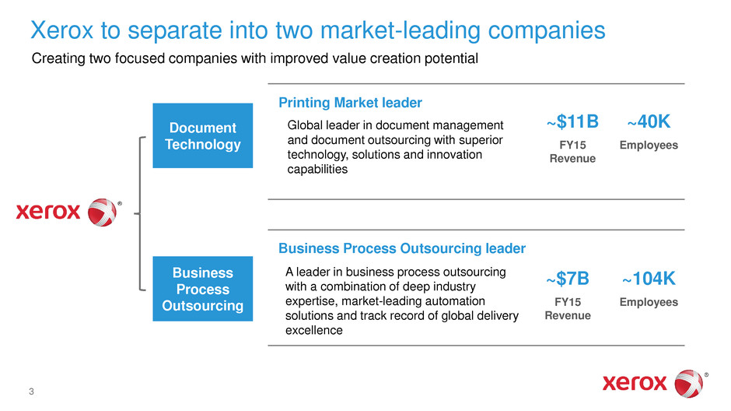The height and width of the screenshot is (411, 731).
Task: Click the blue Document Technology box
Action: click(203, 135)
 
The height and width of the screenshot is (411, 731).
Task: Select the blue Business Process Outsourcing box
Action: click(203, 289)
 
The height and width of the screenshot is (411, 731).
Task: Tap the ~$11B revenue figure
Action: click(572, 121)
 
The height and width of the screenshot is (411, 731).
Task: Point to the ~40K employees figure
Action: click(649, 121)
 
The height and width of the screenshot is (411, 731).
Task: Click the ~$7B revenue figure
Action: click(568, 279)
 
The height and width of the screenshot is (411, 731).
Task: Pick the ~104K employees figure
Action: click(649, 279)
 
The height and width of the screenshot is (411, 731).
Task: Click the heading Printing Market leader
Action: click(350, 103)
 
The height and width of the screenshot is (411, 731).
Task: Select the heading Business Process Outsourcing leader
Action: click(402, 248)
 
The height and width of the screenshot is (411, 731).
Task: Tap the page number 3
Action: click(31, 392)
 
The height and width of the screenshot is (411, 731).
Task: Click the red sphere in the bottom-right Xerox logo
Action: click(688, 384)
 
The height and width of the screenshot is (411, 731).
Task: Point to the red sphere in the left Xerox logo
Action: click(102, 213)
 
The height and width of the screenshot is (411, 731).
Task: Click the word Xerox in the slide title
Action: click(62, 30)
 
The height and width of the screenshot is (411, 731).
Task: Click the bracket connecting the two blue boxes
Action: click(140, 213)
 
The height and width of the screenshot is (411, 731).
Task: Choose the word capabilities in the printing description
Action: click(317, 170)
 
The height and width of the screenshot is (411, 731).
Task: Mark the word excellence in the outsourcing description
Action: click(313, 330)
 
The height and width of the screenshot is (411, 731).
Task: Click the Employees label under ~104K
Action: click(649, 302)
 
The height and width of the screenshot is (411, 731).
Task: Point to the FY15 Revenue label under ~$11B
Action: click(572, 152)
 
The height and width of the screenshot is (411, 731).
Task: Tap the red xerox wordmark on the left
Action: click(48, 212)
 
